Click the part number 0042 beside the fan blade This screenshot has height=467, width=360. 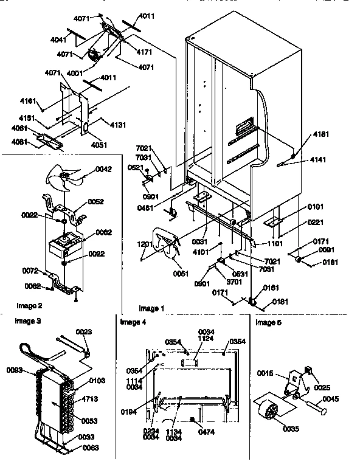click(x=104, y=170)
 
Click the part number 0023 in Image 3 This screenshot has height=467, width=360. click(x=84, y=332)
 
